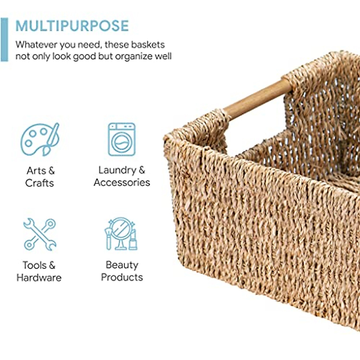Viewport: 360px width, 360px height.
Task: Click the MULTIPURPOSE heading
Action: (72, 26)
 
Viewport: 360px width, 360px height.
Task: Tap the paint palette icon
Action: (40, 139)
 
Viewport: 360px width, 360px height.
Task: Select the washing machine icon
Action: (121, 139)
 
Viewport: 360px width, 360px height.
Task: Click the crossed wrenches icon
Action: (40, 235)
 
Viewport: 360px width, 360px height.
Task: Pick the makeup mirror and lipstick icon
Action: (121, 234)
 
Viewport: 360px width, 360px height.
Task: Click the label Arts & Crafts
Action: (40, 177)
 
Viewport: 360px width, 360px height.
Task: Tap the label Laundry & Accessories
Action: (121, 176)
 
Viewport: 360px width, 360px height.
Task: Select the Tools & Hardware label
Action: (39, 271)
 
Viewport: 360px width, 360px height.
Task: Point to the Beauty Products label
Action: (122, 271)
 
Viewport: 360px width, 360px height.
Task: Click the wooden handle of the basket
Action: (257, 99)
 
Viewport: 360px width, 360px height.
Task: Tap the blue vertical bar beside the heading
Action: (4, 40)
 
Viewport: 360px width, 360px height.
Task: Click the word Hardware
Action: (39, 277)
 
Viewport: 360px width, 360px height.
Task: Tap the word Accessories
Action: (121, 182)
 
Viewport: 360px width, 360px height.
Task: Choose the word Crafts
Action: (40, 183)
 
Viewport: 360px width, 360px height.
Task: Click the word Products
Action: (122, 277)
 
